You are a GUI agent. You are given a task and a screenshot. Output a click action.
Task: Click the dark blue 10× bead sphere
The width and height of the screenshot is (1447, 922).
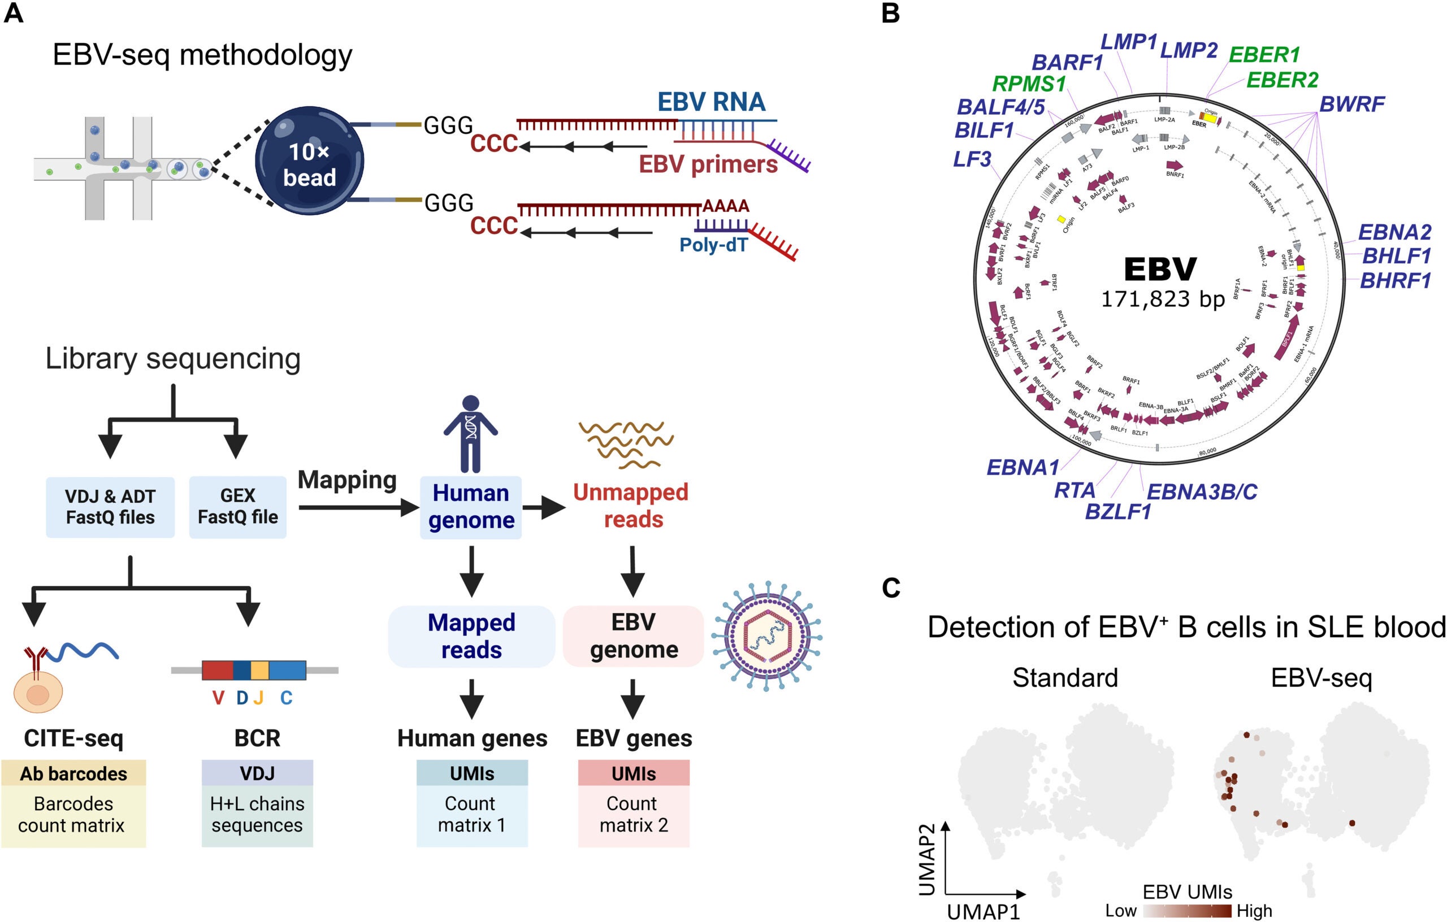click(x=309, y=160)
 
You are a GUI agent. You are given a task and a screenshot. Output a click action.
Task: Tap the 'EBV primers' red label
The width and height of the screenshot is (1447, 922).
click(x=708, y=164)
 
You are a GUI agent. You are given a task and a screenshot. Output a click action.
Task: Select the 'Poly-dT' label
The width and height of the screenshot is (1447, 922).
click(x=713, y=245)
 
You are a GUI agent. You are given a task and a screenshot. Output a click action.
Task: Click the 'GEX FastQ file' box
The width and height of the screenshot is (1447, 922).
click(x=237, y=506)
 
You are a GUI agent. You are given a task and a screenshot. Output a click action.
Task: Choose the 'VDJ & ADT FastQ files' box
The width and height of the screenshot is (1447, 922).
click(x=110, y=507)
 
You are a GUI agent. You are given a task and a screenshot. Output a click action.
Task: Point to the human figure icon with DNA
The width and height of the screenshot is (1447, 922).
click(x=470, y=433)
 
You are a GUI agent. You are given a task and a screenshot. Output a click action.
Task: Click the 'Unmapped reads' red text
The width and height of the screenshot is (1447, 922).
click(x=631, y=505)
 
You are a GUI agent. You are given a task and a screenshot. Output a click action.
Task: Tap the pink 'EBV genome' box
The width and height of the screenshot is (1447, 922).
click(x=634, y=636)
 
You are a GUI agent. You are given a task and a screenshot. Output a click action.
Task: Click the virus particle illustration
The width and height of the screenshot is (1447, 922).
click(x=767, y=636)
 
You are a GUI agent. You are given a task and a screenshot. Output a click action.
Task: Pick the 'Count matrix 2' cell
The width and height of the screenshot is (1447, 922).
click(x=634, y=815)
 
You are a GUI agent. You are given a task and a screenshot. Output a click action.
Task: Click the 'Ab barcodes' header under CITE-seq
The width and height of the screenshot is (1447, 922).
click(x=73, y=773)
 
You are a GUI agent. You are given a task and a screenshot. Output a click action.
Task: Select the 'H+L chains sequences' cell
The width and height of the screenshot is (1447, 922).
click(x=257, y=815)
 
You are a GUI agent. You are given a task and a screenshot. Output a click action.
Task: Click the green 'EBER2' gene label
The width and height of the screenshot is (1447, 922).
click(x=1282, y=80)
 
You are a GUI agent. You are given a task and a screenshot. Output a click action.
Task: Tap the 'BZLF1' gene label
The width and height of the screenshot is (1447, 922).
click(x=1117, y=512)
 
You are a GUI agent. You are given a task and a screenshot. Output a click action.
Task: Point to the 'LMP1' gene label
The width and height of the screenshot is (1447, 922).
click(x=1129, y=42)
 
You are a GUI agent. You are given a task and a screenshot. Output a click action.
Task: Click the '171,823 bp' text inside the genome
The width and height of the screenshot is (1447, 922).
click(x=1162, y=298)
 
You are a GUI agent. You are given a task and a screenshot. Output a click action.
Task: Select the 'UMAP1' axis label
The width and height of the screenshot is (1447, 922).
click(x=983, y=912)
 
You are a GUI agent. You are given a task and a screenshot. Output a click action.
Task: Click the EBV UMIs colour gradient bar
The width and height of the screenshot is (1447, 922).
click(x=1188, y=911)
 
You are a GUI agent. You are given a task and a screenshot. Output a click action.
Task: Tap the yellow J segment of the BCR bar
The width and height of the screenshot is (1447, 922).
click(x=259, y=669)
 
